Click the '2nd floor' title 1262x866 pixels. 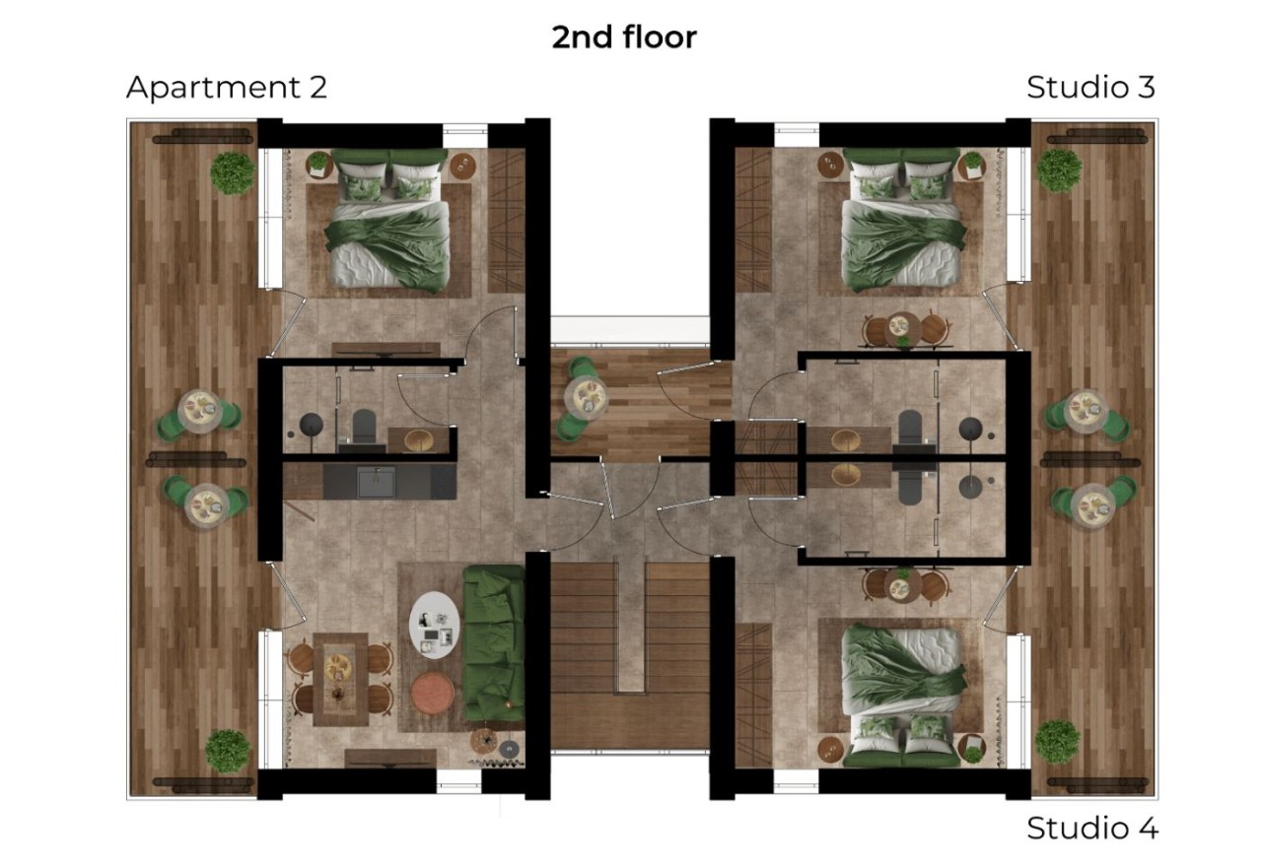[624, 37]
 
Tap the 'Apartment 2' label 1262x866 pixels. [227, 88]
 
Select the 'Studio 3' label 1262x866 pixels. [1090, 88]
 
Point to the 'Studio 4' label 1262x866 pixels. [1091, 828]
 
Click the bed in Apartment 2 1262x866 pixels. [387, 220]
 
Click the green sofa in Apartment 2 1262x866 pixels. [494, 643]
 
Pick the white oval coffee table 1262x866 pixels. [434, 625]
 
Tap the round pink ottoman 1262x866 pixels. [432, 693]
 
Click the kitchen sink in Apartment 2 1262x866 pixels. [377, 482]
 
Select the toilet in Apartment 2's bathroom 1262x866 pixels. [364, 429]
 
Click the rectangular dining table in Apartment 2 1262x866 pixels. [340, 679]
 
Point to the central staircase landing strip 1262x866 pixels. [630, 625]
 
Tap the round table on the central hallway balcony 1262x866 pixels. [586, 397]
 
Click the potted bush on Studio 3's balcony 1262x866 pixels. [1059, 170]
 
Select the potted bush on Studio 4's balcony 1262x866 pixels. [1058, 742]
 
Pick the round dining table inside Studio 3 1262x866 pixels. [902, 330]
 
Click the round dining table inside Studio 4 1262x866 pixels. [902, 586]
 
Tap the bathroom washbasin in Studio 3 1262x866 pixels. [845, 440]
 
